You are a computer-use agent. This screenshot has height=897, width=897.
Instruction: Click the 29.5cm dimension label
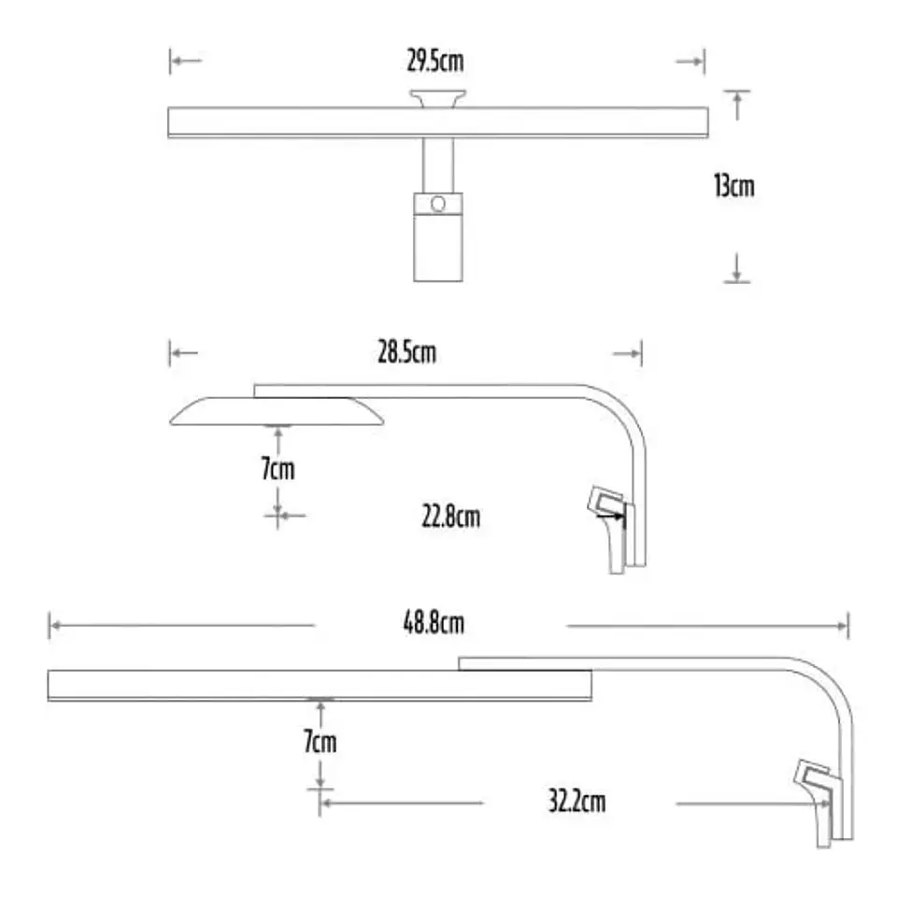click(435, 61)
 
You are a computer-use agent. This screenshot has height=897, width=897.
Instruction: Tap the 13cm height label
click(734, 186)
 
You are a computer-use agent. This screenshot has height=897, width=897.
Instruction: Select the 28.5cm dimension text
click(406, 352)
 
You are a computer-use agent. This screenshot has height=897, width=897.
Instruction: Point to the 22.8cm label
click(450, 517)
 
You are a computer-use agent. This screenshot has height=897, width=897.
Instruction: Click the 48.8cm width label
click(434, 622)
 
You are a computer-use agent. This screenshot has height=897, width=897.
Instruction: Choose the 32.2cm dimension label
click(577, 801)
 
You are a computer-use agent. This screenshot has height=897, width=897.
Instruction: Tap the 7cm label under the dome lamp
click(278, 468)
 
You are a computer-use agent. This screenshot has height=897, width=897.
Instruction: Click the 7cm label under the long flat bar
click(320, 741)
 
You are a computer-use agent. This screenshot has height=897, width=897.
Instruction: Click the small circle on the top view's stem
click(438, 204)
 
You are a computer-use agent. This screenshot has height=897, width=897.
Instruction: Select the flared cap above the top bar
click(437, 98)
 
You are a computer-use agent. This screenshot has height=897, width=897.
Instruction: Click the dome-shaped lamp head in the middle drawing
click(277, 411)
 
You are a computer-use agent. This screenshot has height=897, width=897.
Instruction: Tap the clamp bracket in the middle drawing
click(611, 527)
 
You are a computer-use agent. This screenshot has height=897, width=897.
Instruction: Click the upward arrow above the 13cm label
click(737, 106)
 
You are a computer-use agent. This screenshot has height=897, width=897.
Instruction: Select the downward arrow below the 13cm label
click(737, 268)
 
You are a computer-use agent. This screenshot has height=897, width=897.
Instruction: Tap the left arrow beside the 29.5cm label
click(186, 61)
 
